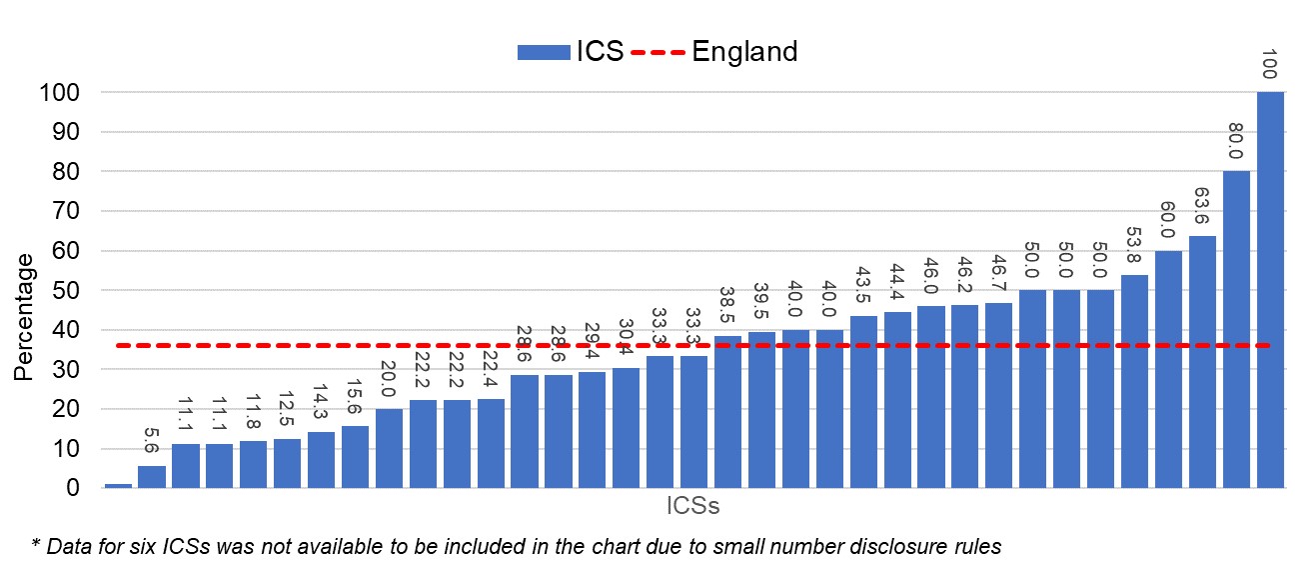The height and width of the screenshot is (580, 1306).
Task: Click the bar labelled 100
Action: coord(1270,290)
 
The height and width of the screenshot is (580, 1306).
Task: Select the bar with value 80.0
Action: coord(1236,330)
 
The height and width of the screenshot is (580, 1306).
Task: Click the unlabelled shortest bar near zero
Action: coord(118,485)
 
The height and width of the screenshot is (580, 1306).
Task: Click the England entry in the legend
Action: coord(744,52)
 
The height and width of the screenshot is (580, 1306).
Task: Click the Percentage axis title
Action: coord(24,316)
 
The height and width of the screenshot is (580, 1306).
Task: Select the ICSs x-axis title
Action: coord(692,507)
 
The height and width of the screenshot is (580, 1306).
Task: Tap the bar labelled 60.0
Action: coord(1168,370)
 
